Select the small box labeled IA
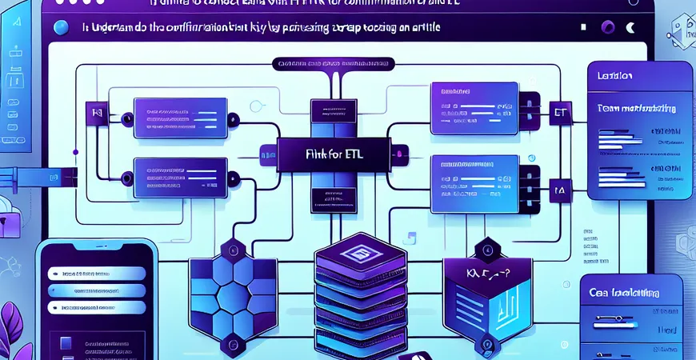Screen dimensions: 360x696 (x=559, y=191)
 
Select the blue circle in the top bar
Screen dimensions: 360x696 (x=58, y=28)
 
